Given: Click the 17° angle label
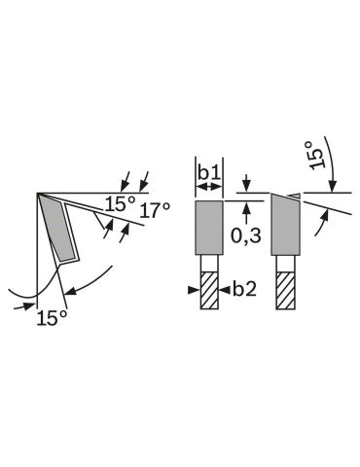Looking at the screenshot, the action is (155, 210).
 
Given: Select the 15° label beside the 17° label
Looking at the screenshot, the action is (120, 204).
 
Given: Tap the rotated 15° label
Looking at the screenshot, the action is (316, 155).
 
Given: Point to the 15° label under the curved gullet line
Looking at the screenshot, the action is (52, 318).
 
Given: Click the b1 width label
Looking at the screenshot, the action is (209, 173).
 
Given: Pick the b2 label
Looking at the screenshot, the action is (245, 289).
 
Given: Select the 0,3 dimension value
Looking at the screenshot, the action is (246, 235).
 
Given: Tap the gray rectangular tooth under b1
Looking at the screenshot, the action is (209, 228).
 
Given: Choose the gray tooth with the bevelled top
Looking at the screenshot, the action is (285, 225).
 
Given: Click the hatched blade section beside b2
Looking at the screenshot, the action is (209, 290).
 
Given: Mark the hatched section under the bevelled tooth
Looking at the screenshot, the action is (286, 290).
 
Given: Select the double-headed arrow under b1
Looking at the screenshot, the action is (209, 187).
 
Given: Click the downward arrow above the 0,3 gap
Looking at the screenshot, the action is (247, 183).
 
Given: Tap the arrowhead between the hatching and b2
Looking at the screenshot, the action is (225, 290).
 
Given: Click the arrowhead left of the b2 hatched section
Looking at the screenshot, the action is (194, 290).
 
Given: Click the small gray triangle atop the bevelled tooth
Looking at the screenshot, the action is (296, 196).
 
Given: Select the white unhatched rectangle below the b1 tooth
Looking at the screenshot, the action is (209, 264).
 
